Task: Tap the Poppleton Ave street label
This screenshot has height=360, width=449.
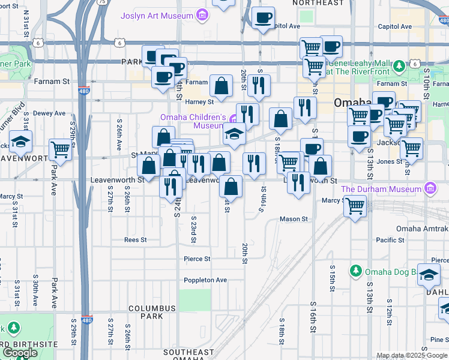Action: pyautogui.click(x=205, y=280)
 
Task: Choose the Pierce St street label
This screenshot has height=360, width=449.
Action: pyautogui.click(x=197, y=259)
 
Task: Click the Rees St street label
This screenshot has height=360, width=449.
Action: pyautogui.click(x=135, y=240)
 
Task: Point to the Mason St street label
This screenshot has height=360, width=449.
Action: pyautogui.click(x=294, y=220)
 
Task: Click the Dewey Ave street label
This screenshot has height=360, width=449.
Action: pyautogui.click(x=49, y=113)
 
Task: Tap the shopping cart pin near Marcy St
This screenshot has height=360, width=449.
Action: pyautogui.click(x=356, y=206)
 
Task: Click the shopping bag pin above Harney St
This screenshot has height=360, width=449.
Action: pyautogui.click(x=221, y=86)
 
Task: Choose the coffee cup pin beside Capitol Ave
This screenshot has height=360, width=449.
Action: pyautogui.click(x=262, y=19)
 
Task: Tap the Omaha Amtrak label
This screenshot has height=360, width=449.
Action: pyautogui.click(x=422, y=229)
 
